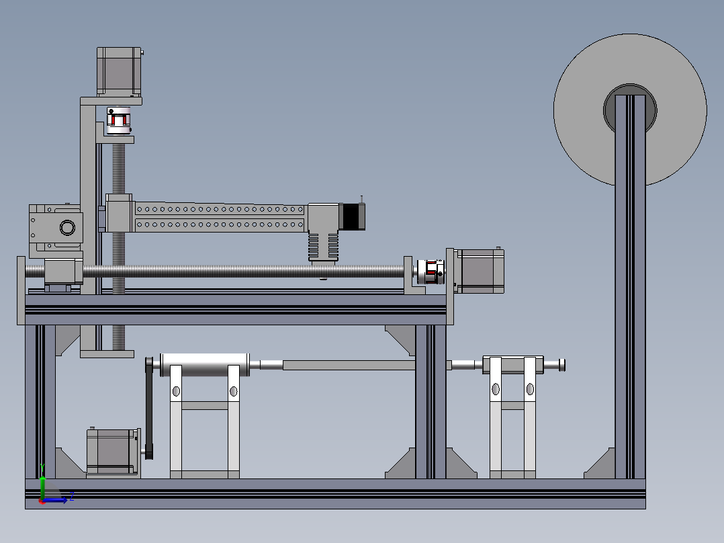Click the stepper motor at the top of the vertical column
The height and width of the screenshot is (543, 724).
[x=120, y=71]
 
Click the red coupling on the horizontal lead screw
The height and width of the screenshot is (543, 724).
[x=428, y=271]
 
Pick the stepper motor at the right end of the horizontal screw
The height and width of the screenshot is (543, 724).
[x=479, y=271]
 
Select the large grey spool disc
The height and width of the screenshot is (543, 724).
[x=672, y=134]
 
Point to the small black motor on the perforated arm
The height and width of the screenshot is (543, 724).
[x=352, y=216]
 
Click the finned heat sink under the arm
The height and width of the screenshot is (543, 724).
[x=324, y=246]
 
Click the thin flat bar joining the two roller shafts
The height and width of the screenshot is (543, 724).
[x=349, y=365]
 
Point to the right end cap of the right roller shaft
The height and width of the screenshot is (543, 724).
[x=562, y=365]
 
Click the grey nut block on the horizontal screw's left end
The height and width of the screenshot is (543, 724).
[x=63, y=271]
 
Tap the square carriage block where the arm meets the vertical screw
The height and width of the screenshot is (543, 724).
[x=120, y=214]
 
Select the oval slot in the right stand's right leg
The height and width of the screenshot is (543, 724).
[x=530, y=388]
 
